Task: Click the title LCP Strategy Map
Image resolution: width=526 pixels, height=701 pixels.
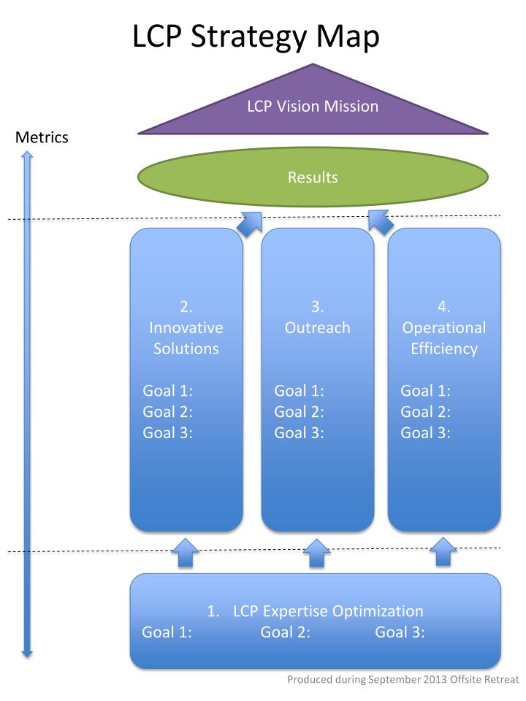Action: pyautogui.click(x=256, y=37)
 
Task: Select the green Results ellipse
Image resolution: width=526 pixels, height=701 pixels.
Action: pyautogui.click(x=313, y=177)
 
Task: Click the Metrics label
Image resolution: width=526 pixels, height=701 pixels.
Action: pyautogui.click(x=42, y=137)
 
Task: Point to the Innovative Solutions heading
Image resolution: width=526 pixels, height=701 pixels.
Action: pyautogui.click(x=186, y=328)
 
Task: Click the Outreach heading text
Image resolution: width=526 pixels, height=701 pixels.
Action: pyautogui.click(x=317, y=328)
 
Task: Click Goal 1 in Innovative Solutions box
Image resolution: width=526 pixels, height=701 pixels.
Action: pyautogui.click(x=167, y=391)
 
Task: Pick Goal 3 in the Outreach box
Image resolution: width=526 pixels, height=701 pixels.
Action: pyautogui.click(x=299, y=432)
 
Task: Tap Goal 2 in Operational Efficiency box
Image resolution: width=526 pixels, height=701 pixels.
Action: pyautogui.click(x=425, y=411)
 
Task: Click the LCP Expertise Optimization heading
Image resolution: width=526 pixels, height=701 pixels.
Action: pyautogui.click(x=315, y=611)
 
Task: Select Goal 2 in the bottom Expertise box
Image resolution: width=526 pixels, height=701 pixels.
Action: pyautogui.click(x=285, y=632)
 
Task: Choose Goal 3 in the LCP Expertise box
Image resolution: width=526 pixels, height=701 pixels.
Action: pyautogui.click(x=400, y=632)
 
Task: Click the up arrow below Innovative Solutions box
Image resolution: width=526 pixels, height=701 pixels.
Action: pyautogui.click(x=186, y=553)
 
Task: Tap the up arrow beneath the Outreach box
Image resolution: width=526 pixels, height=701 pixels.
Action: pyautogui.click(x=316, y=553)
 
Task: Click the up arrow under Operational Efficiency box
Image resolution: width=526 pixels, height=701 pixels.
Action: pyautogui.click(x=443, y=553)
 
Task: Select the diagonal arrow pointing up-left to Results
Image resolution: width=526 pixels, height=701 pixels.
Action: pyautogui.click(x=380, y=222)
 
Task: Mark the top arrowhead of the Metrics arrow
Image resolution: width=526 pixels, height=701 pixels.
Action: pyautogui.click(x=27, y=155)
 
